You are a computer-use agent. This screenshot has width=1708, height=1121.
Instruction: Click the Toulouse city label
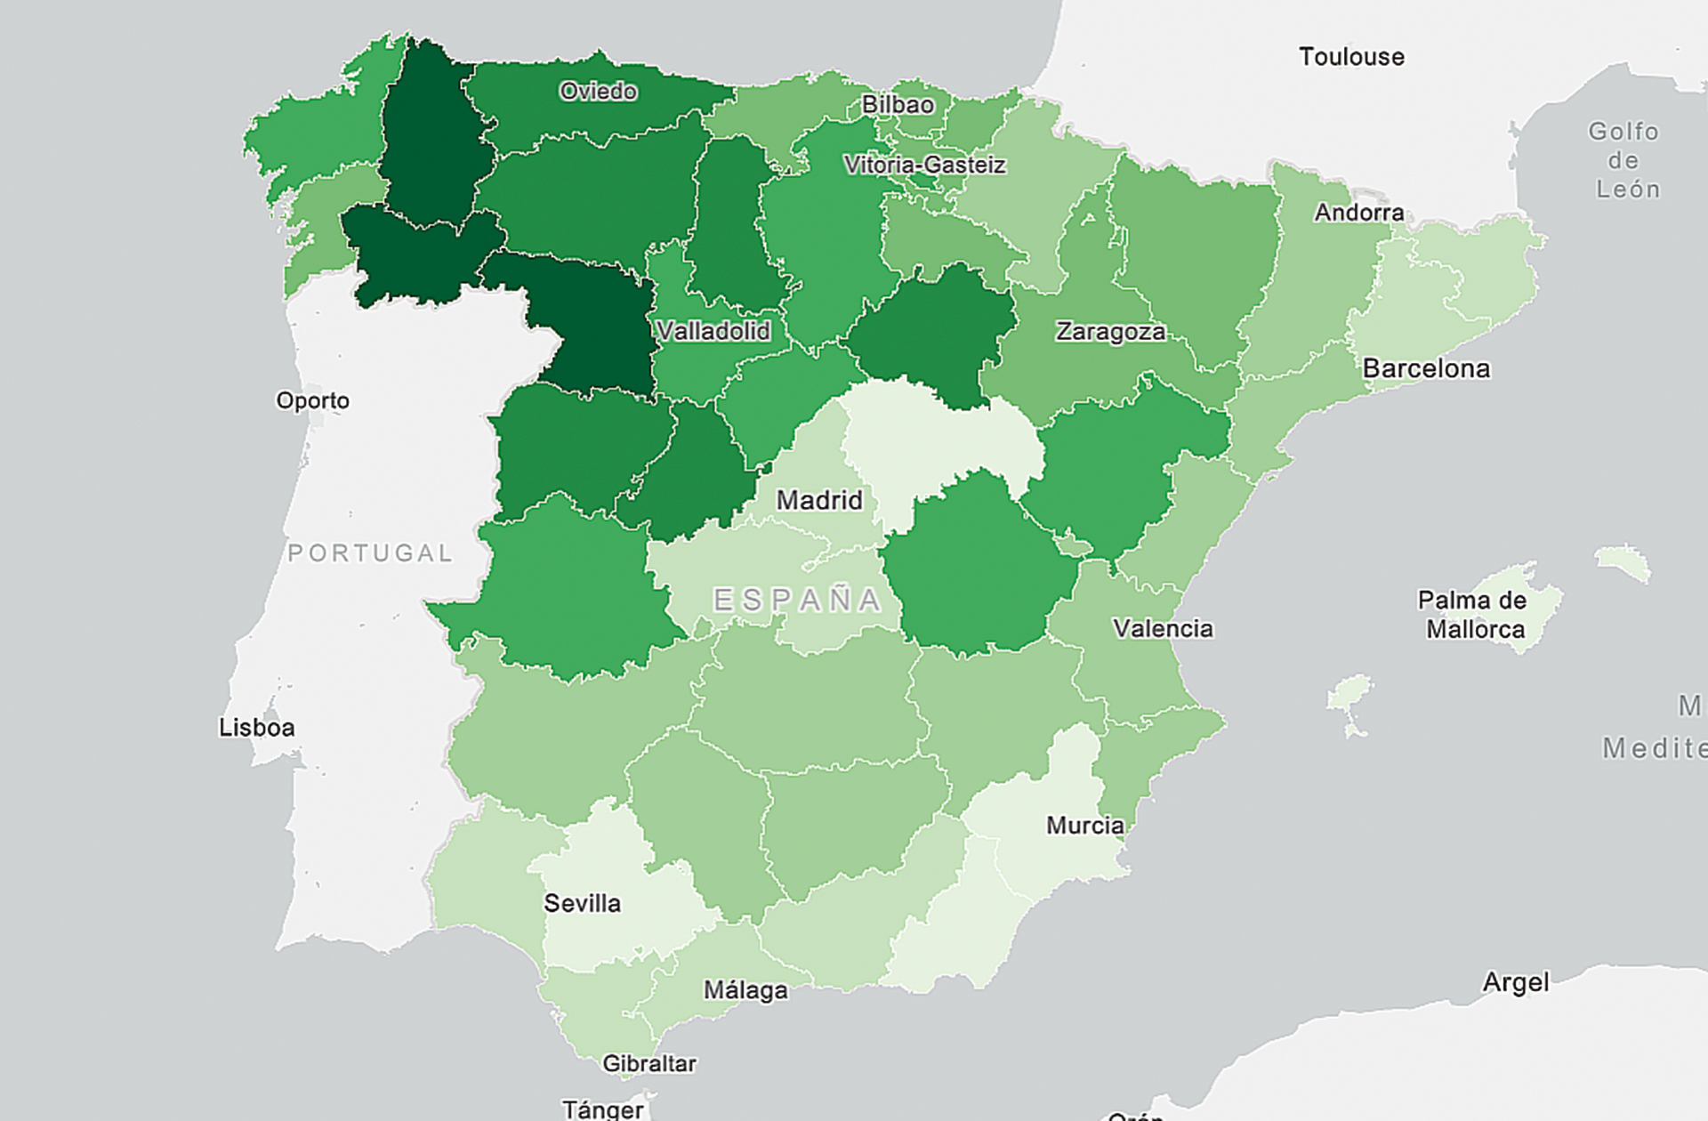pos(1351,57)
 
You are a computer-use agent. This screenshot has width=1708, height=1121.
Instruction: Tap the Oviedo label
pos(598,91)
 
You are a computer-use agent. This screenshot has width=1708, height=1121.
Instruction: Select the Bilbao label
pos(898,105)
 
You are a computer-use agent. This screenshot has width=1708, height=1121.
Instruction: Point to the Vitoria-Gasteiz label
pos(924,165)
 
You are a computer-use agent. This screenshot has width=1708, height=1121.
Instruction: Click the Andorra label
pos(1359,213)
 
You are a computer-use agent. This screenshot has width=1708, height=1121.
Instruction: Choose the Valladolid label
pos(713,331)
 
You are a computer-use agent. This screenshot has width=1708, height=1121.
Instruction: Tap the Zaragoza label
pos(1110,332)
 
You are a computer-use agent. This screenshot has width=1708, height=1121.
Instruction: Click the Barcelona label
pos(1426,368)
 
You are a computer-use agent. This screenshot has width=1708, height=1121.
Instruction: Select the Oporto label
pos(312,400)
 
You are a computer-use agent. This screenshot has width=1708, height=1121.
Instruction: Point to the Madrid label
pos(819,500)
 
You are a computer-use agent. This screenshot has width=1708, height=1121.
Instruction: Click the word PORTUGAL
pos(370,553)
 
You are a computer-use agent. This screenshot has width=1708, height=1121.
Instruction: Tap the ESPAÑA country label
pos(797,601)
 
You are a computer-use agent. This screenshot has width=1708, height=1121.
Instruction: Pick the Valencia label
pos(1163,629)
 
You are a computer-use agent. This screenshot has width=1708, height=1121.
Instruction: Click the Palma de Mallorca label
pos(1474,615)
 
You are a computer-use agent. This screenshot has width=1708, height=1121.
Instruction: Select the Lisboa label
pos(256,728)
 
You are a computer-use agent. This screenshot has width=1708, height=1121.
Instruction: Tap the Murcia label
pos(1084,826)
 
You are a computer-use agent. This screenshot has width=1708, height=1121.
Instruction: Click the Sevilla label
pos(582,904)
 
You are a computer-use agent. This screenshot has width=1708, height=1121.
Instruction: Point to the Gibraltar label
pos(649,1063)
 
